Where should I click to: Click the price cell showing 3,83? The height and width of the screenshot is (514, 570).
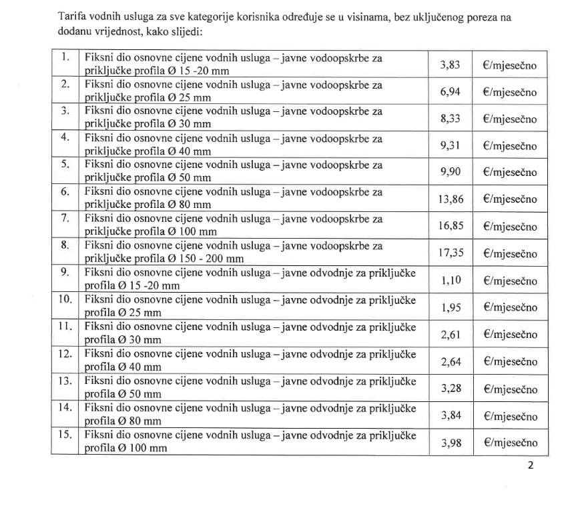point(451,65)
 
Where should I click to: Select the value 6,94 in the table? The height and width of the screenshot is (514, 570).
point(451,91)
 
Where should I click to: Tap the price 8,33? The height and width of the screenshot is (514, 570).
point(451,118)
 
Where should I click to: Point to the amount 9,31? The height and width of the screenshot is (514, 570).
point(451,145)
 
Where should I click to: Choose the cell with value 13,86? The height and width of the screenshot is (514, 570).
point(451,199)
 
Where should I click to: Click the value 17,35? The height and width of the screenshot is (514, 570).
point(451,253)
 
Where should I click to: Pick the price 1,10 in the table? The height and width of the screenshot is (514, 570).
point(451,281)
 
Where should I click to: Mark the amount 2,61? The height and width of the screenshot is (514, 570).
point(451,334)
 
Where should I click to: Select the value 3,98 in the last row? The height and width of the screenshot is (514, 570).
point(451,442)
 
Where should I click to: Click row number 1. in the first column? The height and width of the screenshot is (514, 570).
point(65,57)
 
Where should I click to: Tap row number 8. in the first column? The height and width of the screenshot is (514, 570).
point(65,245)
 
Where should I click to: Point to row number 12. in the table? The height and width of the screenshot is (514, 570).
point(65,353)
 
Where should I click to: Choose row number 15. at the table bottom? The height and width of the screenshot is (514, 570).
point(65,435)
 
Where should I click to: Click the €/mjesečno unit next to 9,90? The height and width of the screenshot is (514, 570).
point(509,172)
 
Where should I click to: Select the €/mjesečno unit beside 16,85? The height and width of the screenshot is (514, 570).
point(509,227)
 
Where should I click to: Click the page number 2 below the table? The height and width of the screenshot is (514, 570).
point(531,466)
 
